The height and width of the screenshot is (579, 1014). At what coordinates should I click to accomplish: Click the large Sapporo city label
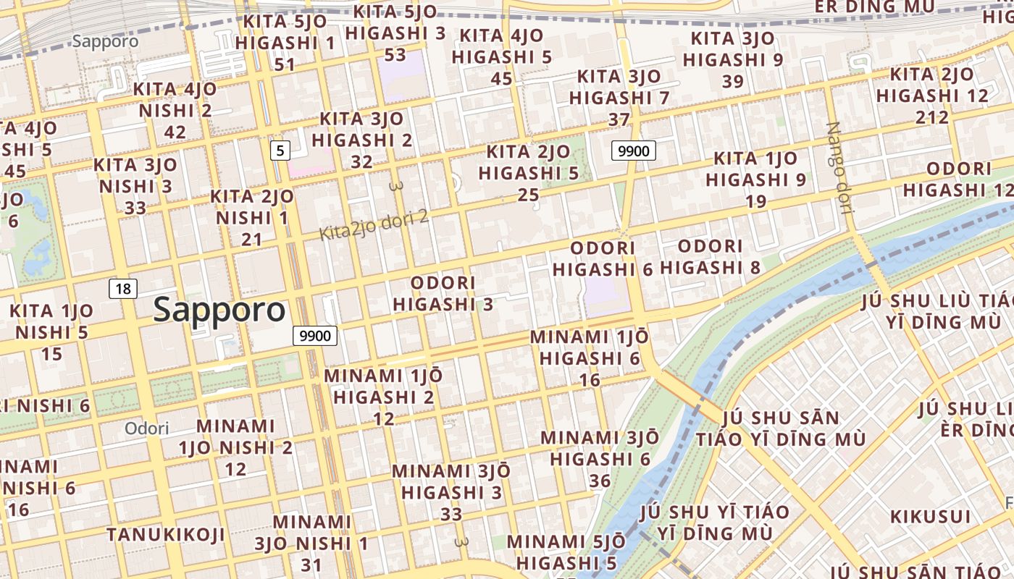219,310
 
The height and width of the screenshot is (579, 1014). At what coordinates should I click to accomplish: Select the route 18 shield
123,289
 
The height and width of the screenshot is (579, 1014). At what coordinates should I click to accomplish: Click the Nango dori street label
838,168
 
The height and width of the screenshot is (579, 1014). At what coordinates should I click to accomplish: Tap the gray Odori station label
146,428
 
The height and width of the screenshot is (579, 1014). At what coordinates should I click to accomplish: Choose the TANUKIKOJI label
166,535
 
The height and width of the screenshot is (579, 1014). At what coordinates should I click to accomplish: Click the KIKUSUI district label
930,517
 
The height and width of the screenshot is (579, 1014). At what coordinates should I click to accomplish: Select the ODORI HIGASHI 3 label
443,293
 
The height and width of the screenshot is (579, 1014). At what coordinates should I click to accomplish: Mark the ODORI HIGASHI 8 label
711,257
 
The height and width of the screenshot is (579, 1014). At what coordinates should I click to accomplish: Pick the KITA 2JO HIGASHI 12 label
932,95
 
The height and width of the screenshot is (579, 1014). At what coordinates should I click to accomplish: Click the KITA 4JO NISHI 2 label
175,110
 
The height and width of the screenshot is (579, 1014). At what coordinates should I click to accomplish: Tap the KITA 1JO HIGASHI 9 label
756,179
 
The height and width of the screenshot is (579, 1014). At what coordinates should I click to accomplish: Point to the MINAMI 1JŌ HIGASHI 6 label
590,358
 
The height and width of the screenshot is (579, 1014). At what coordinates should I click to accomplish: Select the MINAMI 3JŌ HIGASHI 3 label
451,491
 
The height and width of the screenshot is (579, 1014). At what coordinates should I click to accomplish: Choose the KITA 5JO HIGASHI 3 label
395,33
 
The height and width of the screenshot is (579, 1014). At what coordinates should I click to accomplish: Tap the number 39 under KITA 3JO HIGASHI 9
733,82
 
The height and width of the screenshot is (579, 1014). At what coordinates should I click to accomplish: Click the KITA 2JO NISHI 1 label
252,217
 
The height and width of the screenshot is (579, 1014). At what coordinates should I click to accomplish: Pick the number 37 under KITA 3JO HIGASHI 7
619,119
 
